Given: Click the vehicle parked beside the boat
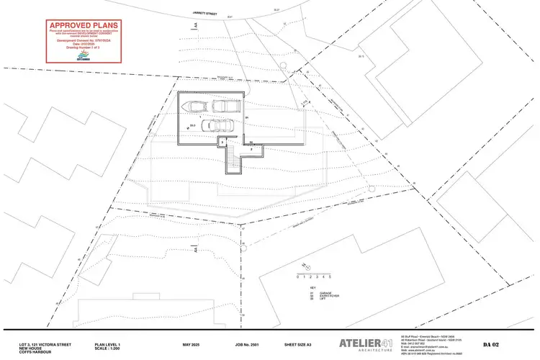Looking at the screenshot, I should [227, 107].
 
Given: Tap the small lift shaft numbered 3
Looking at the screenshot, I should [223, 143].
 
